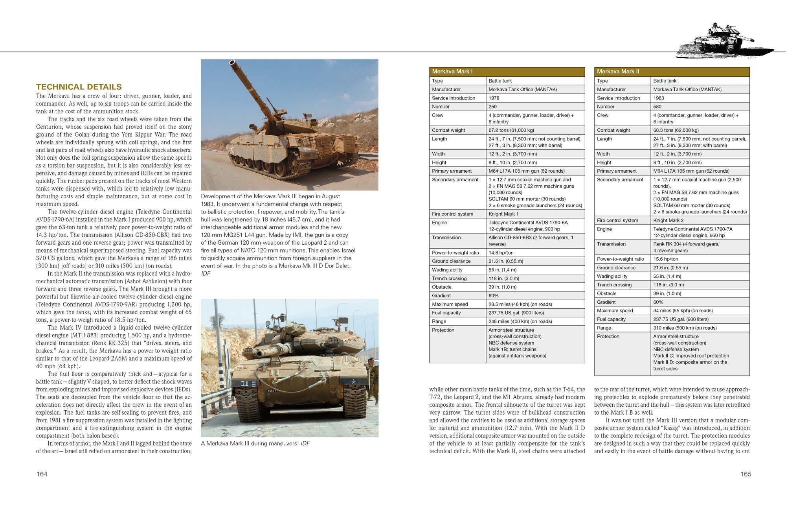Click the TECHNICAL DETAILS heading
(79, 87)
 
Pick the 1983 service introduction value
(659, 98)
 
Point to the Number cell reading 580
(657, 107)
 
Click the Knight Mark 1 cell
(503, 214)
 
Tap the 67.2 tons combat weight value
(511, 130)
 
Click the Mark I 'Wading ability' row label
(447, 270)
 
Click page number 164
(42, 474)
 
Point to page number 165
(746, 474)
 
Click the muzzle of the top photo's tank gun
(232, 62)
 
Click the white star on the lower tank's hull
(353, 381)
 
